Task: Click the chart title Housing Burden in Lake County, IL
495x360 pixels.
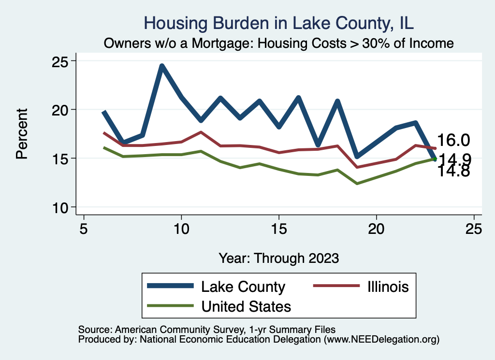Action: click(x=279, y=23)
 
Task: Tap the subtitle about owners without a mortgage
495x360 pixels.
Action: click(x=279, y=43)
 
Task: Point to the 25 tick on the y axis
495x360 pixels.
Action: click(x=61, y=61)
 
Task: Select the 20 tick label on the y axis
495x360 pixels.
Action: click(x=61, y=110)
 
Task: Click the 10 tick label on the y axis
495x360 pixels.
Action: click(x=61, y=207)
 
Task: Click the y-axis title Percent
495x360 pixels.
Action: click(x=22, y=134)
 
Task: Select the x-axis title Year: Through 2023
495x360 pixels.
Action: click(x=278, y=258)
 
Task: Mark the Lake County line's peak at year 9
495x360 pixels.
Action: click(x=162, y=66)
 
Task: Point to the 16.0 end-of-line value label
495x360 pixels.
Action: click(x=453, y=140)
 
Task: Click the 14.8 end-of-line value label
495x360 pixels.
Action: click(x=453, y=171)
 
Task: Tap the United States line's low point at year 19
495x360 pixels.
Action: click(x=357, y=184)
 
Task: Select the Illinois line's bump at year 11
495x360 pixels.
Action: click(x=201, y=132)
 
